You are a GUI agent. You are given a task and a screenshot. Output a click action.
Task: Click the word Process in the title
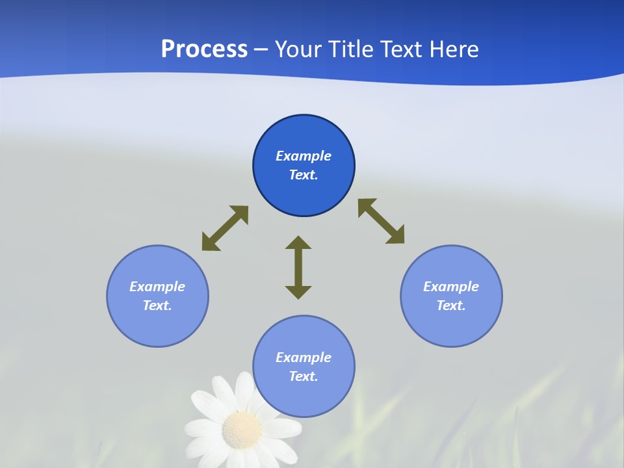tap(204, 49)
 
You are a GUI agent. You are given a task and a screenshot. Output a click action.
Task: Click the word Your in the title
tap(298, 49)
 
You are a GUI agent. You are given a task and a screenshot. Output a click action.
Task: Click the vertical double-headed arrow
tap(298, 267)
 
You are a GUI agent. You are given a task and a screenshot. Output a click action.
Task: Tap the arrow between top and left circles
tap(225, 228)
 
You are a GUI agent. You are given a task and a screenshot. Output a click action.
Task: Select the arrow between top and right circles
tap(382, 222)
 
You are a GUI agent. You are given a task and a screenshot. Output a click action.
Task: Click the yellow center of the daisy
tap(241, 430)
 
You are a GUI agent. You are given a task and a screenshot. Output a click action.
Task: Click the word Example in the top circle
tap(304, 156)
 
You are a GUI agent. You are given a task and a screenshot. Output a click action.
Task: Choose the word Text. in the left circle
tap(157, 305)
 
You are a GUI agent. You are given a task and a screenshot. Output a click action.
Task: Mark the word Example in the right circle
tap(451, 287)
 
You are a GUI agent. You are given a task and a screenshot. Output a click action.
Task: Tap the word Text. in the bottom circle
tap(304, 376)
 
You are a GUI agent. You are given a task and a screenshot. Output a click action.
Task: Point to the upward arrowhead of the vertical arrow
tap(298, 243)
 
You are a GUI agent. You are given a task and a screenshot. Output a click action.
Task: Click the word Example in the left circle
tap(157, 287)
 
